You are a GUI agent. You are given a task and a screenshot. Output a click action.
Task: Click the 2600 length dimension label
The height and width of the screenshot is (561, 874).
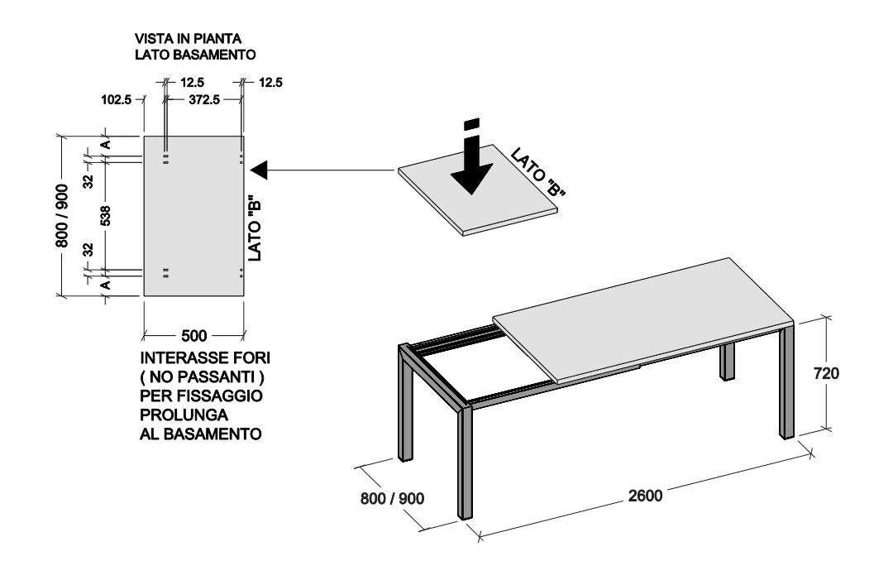pos(645,495)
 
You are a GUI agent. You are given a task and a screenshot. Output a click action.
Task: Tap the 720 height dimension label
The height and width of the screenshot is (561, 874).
pos(826,373)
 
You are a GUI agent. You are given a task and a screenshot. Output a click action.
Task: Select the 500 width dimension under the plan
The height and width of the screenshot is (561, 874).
pos(194,336)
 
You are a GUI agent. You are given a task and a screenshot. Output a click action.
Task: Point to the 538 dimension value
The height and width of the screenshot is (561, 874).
pos(105,216)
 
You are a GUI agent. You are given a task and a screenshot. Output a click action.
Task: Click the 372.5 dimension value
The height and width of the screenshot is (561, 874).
pos(203,100)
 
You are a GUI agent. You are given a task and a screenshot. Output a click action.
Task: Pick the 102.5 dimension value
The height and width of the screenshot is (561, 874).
pos(116,100)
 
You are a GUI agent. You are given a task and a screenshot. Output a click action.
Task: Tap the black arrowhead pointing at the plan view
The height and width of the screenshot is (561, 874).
pos(260,170)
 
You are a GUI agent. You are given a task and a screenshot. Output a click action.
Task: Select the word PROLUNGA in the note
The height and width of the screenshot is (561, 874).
pos(184,415)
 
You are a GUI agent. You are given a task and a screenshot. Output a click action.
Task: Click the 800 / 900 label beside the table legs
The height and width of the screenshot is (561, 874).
pos(393,498)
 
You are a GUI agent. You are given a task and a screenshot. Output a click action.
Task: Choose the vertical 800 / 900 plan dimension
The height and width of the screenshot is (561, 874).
pos(62,216)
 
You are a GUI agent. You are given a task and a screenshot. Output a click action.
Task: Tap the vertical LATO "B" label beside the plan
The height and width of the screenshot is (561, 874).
pos(255,228)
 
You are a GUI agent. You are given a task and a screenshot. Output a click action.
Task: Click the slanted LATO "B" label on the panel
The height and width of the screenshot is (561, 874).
pos(538,171)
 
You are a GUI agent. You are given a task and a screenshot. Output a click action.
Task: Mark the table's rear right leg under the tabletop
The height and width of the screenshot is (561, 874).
pos(727,362)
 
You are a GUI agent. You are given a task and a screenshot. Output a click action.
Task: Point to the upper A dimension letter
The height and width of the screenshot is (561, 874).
pos(105,145)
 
